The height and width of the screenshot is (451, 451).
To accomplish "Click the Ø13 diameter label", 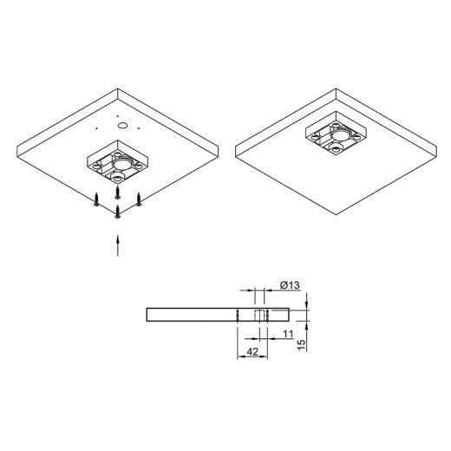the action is (290, 285).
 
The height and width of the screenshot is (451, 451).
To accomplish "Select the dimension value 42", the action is (252, 352).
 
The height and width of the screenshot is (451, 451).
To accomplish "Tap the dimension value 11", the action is (288, 334).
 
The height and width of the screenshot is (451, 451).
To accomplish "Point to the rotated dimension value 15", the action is (301, 345).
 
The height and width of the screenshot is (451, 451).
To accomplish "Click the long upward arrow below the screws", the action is (117, 245).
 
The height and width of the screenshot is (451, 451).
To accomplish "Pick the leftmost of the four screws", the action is (96, 199).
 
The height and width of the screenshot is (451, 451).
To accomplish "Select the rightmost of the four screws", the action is (139, 199).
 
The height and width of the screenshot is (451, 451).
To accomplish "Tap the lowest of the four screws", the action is (117, 212).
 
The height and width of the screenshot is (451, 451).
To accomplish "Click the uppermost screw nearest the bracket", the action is (117, 193).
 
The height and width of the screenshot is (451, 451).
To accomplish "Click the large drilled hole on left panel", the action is (122, 126).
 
